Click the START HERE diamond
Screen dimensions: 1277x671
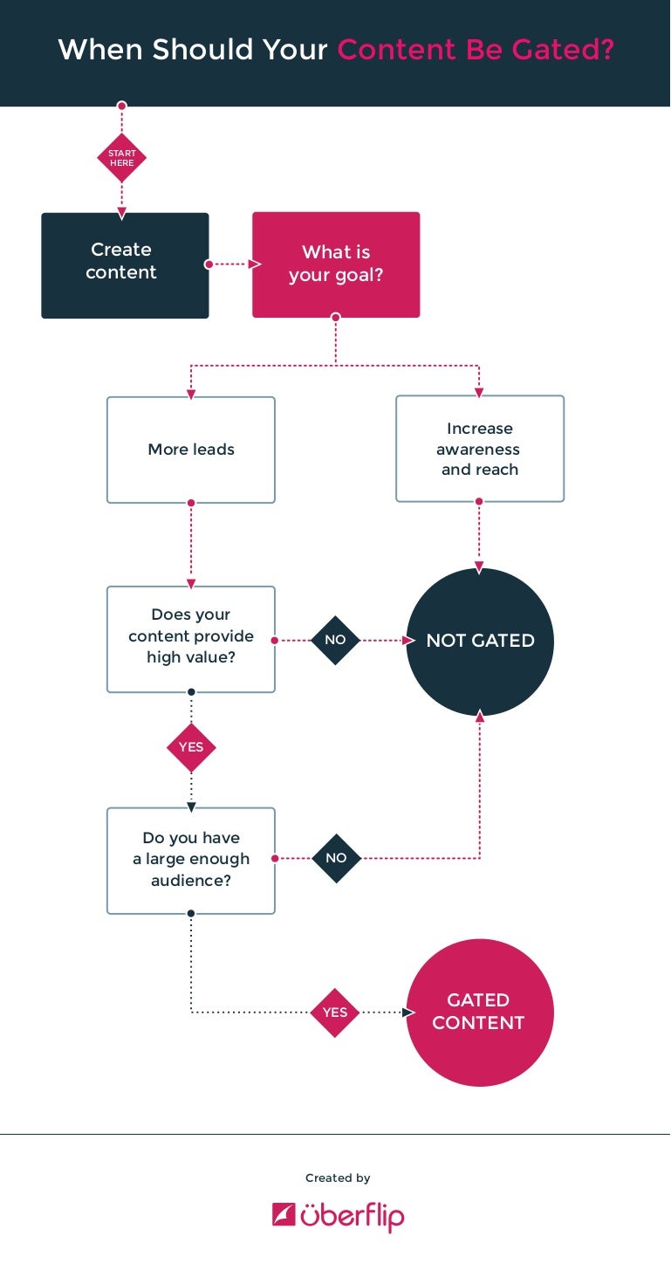tap(121, 158)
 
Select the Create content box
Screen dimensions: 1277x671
tap(125, 265)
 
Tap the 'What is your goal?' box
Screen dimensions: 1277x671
tap(336, 264)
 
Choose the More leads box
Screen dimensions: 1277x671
tap(191, 450)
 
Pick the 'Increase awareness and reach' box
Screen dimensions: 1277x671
tap(480, 449)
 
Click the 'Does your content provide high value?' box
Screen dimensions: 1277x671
tap(191, 640)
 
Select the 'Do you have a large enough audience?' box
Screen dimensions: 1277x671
tap(191, 861)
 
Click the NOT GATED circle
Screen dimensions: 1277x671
tap(480, 641)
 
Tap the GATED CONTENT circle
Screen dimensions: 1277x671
tap(480, 1012)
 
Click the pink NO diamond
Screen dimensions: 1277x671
tap(335, 640)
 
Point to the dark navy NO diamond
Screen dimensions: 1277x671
tap(336, 858)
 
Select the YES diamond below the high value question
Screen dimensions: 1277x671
tap(191, 747)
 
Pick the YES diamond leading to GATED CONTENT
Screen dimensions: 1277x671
tap(335, 1013)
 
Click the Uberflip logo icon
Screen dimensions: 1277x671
tap(284, 1214)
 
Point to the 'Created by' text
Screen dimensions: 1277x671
tap(338, 1178)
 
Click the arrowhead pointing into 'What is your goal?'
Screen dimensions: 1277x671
tap(256, 264)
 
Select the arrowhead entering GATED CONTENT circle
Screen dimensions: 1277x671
tap(408, 1013)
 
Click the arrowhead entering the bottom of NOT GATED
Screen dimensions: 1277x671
tap(480, 716)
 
